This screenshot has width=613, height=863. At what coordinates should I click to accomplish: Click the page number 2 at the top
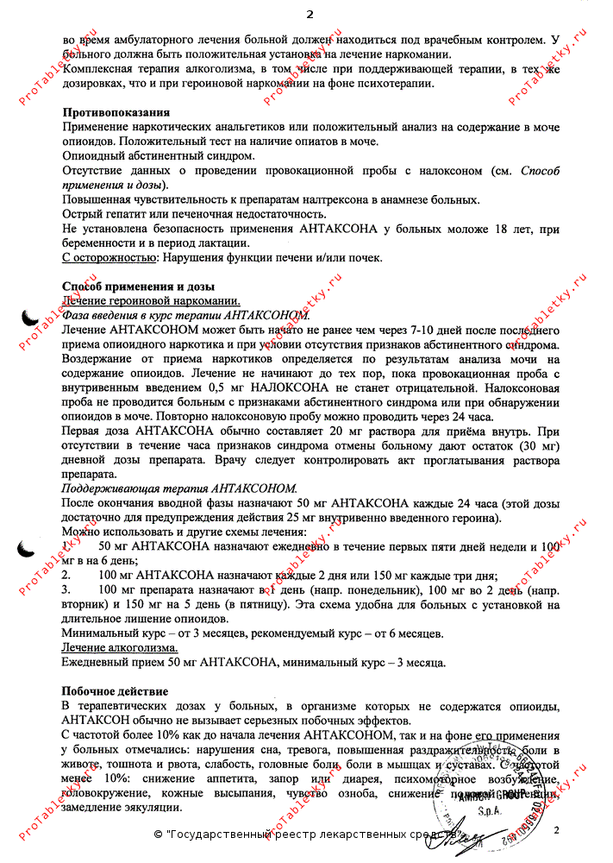tap(310, 14)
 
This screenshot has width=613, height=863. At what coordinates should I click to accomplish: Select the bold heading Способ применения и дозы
tap(138, 287)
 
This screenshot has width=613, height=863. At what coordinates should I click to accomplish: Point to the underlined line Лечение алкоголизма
tap(121, 647)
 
